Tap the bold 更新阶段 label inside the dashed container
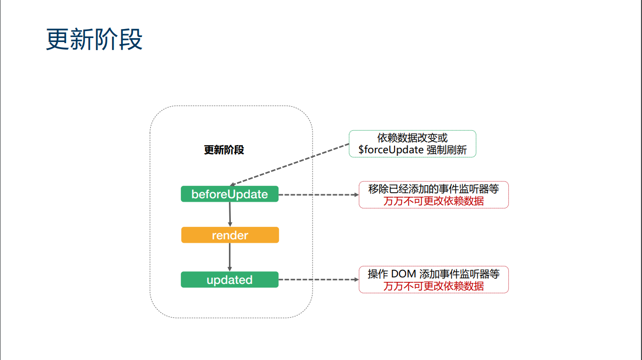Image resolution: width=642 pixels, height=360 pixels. (224, 150)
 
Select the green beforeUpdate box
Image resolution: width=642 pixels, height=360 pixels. (229, 194)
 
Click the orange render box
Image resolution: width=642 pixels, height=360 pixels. (230, 235)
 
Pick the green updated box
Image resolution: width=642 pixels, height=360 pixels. (229, 280)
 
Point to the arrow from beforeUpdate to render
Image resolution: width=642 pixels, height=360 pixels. (230, 214)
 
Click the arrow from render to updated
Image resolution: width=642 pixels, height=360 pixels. (230, 257)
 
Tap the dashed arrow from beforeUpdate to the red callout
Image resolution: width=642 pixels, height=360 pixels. (318, 194)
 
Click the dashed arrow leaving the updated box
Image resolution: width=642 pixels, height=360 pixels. (318, 280)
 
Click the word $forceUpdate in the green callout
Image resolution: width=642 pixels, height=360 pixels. (391, 150)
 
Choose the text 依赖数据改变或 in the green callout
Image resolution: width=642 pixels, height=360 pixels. (412, 138)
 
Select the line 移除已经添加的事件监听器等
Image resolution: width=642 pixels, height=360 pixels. (434, 189)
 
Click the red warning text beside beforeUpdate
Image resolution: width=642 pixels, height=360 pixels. (434, 201)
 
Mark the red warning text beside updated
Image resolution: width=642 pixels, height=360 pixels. (434, 286)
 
